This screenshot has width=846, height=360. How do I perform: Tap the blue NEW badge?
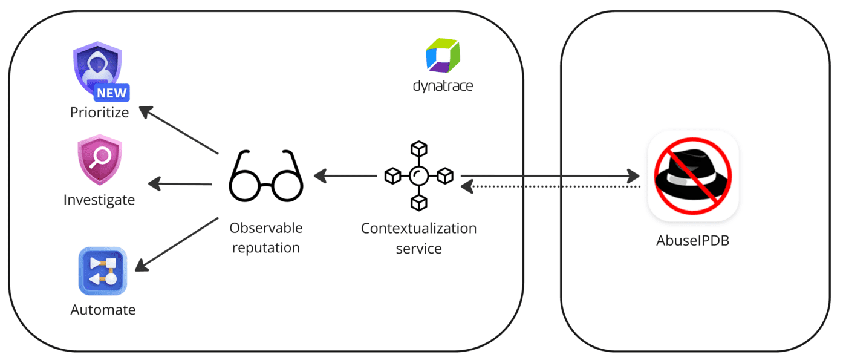pos(112,93)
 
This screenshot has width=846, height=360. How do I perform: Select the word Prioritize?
pos(100,113)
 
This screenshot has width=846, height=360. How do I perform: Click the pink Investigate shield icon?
pos(100,159)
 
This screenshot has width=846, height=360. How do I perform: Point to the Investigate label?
pos(99,200)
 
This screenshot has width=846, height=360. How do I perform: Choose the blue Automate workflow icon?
pos(102,271)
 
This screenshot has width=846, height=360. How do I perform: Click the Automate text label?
pos(103,310)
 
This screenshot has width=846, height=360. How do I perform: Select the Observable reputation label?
pos(265,238)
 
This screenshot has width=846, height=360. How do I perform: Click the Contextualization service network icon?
pos(418,175)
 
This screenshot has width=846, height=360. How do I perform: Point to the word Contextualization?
pos(418,229)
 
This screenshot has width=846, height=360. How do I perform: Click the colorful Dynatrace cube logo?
pos(443,56)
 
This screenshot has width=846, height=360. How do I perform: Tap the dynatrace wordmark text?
pos(443,86)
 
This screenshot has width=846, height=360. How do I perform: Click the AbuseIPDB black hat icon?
pos(692,175)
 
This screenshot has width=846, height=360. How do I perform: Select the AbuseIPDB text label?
pos(693,240)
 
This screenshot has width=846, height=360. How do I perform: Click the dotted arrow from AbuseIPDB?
pos(550,187)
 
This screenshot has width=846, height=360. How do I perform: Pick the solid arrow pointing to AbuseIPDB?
pos(550,176)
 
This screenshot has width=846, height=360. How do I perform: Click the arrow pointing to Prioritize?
pos(178,130)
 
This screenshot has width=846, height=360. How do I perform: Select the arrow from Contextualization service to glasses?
pos(345,176)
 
